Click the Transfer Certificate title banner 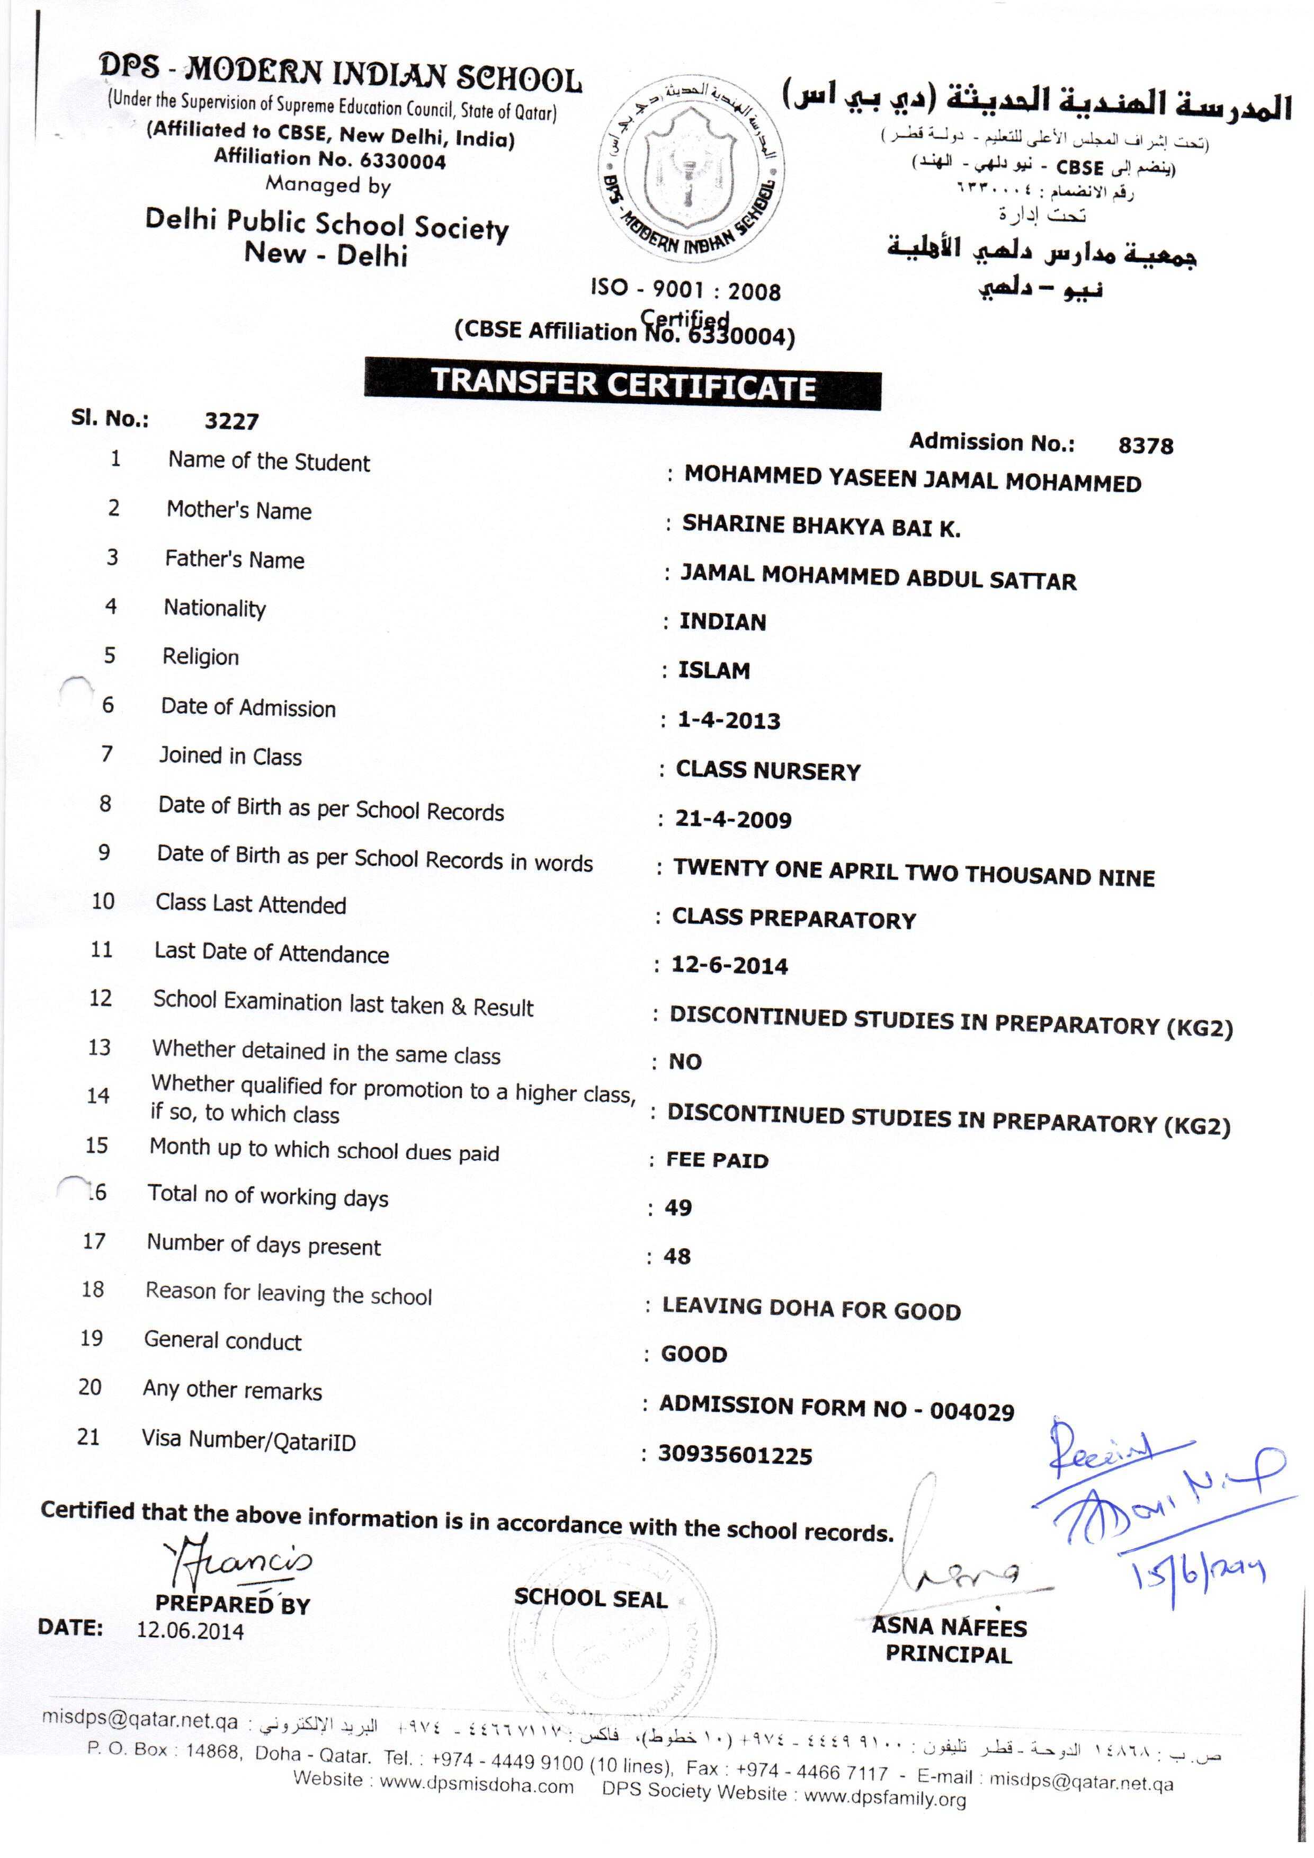point(622,384)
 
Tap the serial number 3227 point(231,421)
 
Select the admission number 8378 point(1145,445)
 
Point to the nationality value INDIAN point(722,621)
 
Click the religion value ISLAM point(713,670)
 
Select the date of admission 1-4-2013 point(728,720)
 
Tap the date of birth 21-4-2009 point(733,819)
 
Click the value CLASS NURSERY point(768,770)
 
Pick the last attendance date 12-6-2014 point(729,965)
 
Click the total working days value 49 point(678,1208)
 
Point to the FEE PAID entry point(717,1160)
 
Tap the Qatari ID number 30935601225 point(735,1455)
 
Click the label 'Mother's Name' point(239,511)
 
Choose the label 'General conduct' point(222,1341)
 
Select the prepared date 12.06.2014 point(190,1630)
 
